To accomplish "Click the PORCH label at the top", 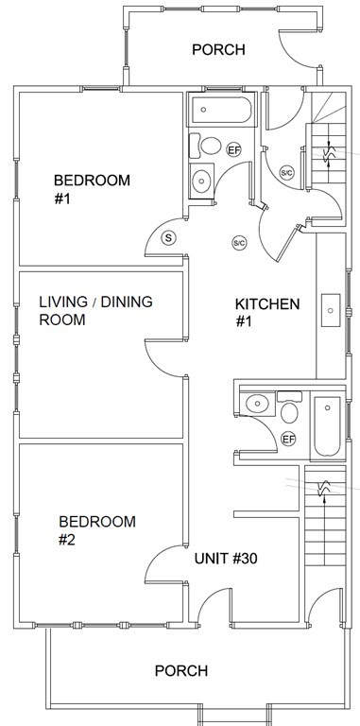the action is tap(218, 49).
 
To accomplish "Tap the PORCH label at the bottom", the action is tap(180, 670).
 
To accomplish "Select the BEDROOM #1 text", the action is tap(92, 189).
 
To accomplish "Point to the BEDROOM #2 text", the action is tap(97, 530).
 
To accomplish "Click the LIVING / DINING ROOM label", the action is tap(95, 311).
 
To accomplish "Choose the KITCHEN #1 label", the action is tap(267, 313).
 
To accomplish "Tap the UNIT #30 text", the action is tap(226, 559).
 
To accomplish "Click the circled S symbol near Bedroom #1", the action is tap(168, 238).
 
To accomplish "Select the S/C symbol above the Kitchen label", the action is tap(239, 243).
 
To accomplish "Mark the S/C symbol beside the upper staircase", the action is tap(287, 173).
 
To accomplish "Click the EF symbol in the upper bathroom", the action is tap(234, 149).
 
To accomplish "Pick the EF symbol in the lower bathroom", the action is tap(289, 439).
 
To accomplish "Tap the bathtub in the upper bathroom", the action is tap(222, 110).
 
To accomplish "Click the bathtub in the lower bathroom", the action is tap(327, 426).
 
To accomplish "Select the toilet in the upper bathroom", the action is tap(206, 146).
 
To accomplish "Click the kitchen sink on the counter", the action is tap(331, 310).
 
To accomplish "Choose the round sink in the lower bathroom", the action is tap(257, 404).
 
